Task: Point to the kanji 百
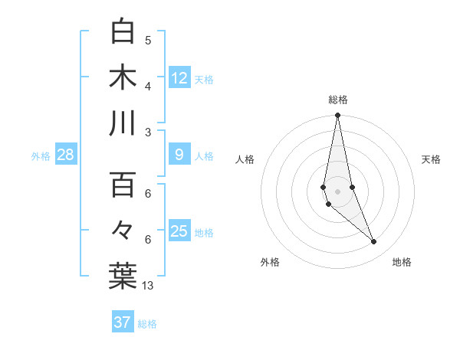pos(123,185)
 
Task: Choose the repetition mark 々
pos(123,231)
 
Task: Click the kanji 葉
pos(123,276)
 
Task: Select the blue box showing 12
pos(179,77)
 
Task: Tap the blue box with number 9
pos(179,155)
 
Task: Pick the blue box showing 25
pos(179,231)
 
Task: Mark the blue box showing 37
pos(123,322)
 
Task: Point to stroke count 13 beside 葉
pos(148,286)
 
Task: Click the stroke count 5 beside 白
pos(148,41)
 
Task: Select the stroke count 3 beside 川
pos(148,132)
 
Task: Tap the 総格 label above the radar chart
pos(337,100)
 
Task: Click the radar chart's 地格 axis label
pos(402,262)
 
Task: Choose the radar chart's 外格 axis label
pos(270,262)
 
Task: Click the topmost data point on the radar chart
pos(337,116)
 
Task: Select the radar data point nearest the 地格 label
pos(374,242)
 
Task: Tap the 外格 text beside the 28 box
pos(41,156)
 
